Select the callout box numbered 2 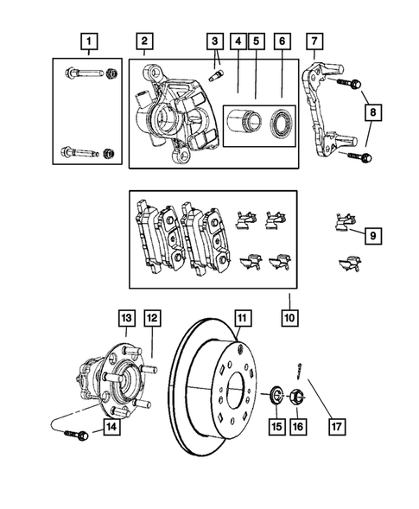(x=144, y=40)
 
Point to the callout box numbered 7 (x=315, y=40)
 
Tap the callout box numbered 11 (x=244, y=318)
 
